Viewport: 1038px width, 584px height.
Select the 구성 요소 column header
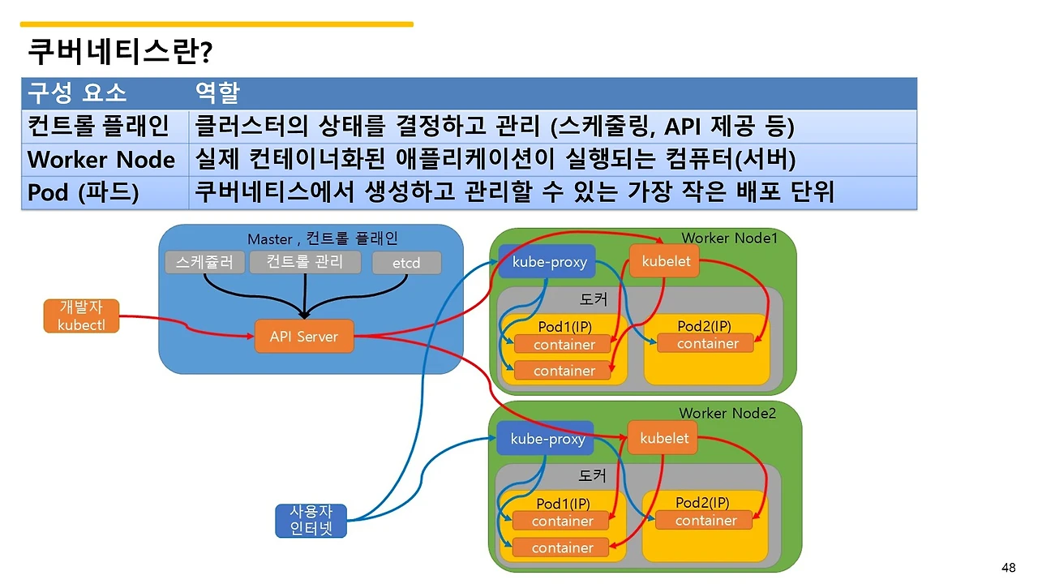(x=78, y=92)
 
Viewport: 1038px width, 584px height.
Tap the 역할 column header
(x=217, y=92)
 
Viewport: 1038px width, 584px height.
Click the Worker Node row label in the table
(x=101, y=159)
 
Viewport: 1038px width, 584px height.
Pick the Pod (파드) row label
(x=84, y=193)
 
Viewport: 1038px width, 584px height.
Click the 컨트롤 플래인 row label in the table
(x=98, y=126)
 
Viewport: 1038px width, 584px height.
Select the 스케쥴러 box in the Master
(x=204, y=263)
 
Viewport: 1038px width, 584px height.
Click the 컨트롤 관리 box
(x=305, y=261)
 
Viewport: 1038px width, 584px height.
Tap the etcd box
(x=406, y=263)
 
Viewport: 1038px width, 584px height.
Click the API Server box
(x=304, y=337)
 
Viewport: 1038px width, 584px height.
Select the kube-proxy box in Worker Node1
(x=547, y=262)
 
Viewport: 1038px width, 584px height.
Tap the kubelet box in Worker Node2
(x=663, y=439)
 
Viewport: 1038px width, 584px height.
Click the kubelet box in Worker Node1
(x=665, y=261)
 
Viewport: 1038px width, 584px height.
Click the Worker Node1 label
(x=729, y=238)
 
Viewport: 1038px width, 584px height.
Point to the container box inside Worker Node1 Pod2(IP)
(x=707, y=344)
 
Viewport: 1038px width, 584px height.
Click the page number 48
(x=1009, y=567)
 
